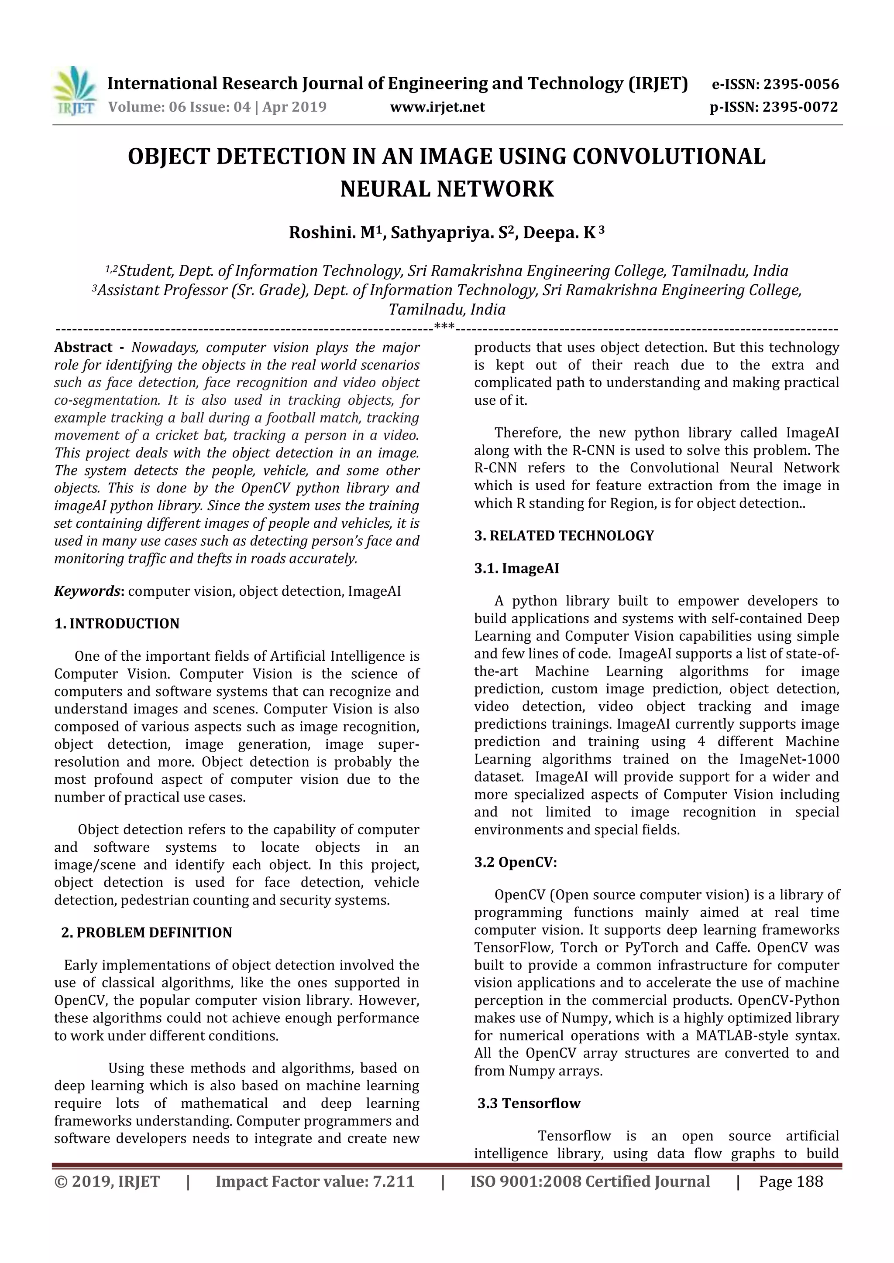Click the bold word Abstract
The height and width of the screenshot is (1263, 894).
83,348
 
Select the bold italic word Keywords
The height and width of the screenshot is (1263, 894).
88,591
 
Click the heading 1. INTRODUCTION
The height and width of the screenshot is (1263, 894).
117,624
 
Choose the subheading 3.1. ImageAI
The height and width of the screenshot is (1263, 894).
516,569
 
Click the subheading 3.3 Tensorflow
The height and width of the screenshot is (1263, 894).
529,1103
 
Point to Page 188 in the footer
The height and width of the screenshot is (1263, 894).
791,1181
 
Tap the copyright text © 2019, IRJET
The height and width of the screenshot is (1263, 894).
107,1181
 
